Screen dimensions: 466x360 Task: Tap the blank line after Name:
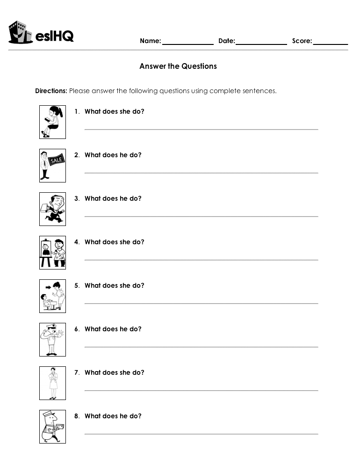click(187, 44)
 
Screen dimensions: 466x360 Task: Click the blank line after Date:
click(261, 44)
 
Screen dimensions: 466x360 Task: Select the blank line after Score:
click(331, 44)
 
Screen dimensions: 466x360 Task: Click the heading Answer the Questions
click(178, 66)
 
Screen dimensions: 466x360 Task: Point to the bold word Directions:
click(51, 91)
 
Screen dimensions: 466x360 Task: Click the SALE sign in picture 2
click(56, 160)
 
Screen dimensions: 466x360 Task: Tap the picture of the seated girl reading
click(52, 122)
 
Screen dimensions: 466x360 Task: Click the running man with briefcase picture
click(52, 209)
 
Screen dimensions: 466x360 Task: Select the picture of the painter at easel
click(52, 253)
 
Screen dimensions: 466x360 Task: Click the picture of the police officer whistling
click(52, 340)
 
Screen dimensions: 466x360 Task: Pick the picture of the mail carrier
click(52, 427)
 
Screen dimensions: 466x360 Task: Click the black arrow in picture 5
click(48, 286)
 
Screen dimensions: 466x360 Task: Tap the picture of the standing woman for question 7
click(52, 383)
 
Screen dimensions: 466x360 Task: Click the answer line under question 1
click(201, 129)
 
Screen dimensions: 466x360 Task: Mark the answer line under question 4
click(201, 260)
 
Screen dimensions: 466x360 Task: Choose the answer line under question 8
click(201, 434)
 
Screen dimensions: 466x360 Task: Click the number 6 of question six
click(76, 329)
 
